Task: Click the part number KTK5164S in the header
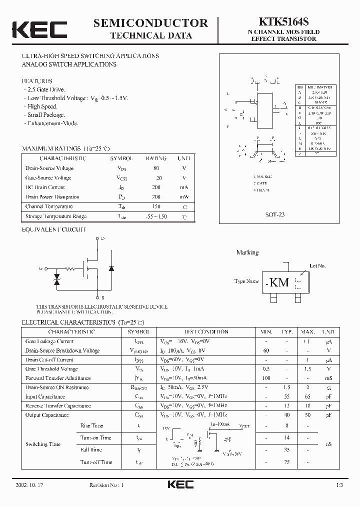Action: tap(283, 22)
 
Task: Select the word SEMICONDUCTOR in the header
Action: tap(150, 22)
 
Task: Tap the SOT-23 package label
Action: tap(275, 214)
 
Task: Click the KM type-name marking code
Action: tap(279, 282)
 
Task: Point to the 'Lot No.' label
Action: tap(317, 266)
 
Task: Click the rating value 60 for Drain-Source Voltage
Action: tap(156, 168)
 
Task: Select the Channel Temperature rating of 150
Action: tap(156, 206)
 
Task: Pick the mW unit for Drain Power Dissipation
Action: tap(184, 197)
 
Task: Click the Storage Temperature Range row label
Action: tap(56, 216)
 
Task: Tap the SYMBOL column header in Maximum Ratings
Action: tap(121, 158)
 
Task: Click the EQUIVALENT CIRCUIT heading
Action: tap(54, 229)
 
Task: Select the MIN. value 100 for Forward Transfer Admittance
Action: tap(266, 378)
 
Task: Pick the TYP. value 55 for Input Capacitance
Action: tap(287, 396)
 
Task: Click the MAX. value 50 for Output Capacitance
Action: tap(307, 415)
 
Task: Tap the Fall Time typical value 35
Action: tap(287, 450)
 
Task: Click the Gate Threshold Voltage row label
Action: tap(51, 369)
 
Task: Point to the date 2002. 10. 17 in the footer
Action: tap(30, 485)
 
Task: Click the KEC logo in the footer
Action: tap(180, 484)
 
